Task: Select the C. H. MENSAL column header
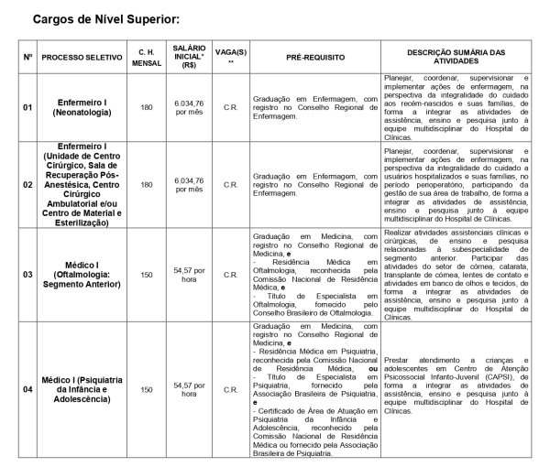[x=146, y=57]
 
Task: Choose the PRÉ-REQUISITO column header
[x=315, y=57]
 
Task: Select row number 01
[x=28, y=107]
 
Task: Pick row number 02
[x=28, y=184]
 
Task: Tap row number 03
[x=28, y=274]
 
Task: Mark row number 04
[x=28, y=389]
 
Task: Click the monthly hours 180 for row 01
[x=146, y=107]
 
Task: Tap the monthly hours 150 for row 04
[x=146, y=389]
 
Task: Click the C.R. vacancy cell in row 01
[x=231, y=107]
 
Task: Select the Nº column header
[x=28, y=57]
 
